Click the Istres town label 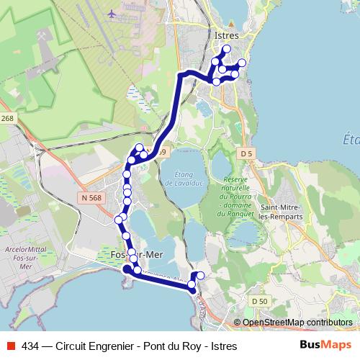(226, 34)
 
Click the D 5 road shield (247, 153)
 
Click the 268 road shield (7, 119)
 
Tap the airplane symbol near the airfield (111, 13)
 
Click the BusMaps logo (325, 346)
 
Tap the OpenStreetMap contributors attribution (297, 323)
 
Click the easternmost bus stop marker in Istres (242, 63)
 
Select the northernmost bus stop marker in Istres (226, 50)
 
